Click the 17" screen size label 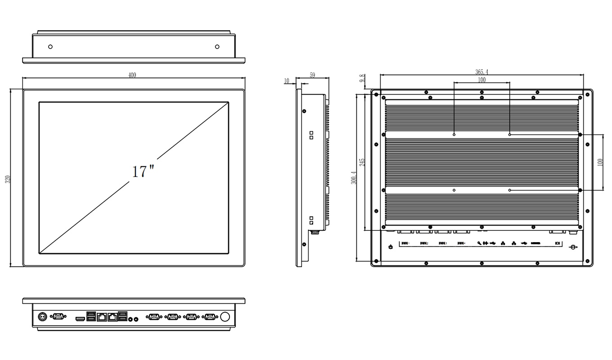[143, 171]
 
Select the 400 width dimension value [132, 75]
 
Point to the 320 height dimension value [7, 179]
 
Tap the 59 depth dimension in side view [312, 75]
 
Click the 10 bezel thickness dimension [287, 81]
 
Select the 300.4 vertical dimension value [354, 178]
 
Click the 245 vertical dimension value [362, 162]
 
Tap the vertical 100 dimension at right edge [600, 162]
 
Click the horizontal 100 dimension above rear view [481, 80]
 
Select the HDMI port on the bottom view [80, 318]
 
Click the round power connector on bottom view [41, 317]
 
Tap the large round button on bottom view [225, 317]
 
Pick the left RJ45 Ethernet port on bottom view [102, 317]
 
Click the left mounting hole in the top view [50, 47]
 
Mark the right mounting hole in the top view [217, 47]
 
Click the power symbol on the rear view [391, 247]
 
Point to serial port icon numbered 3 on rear [442, 243]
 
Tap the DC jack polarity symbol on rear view [573, 247]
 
